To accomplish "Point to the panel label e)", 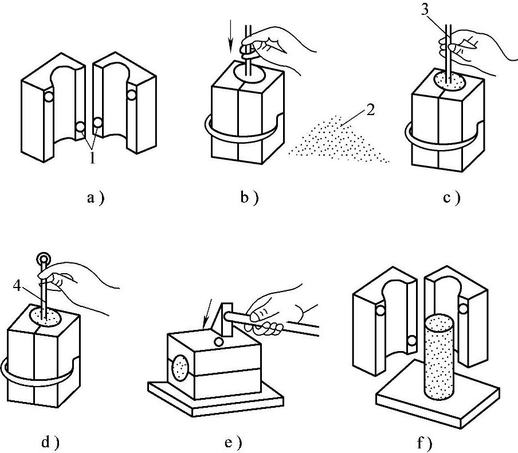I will point(233,442).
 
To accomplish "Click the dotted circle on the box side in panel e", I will point(180,367).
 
